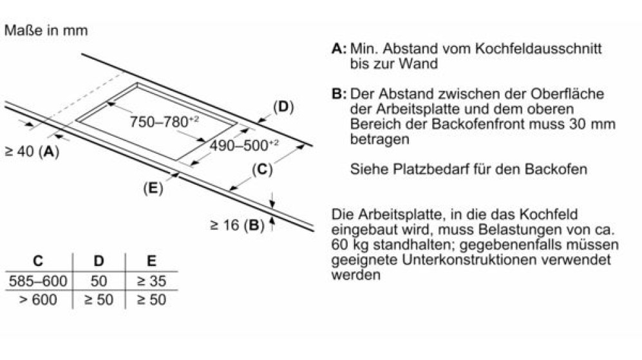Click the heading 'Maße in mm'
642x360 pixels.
coord(46,30)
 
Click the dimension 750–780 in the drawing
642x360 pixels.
coord(164,122)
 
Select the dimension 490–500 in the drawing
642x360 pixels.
coord(244,145)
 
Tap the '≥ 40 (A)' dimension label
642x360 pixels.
coord(32,151)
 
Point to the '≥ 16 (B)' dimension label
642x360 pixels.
coord(237,225)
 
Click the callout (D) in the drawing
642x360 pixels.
coord(283,107)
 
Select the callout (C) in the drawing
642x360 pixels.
coord(262,169)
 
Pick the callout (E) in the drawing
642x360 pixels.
coord(153,188)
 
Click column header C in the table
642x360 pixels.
coord(37,261)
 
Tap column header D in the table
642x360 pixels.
coord(99,261)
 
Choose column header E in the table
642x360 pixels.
coord(151,261)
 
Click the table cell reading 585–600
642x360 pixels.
coord(38,281)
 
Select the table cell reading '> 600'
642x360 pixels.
coord(38,300)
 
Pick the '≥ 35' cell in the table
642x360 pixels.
coord(151,281)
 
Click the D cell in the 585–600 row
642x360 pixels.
coord(99,281)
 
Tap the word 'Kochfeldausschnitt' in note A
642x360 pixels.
coord(538,48)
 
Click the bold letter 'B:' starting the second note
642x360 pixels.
coord(339,94)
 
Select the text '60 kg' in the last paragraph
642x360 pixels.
coord(350,245)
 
